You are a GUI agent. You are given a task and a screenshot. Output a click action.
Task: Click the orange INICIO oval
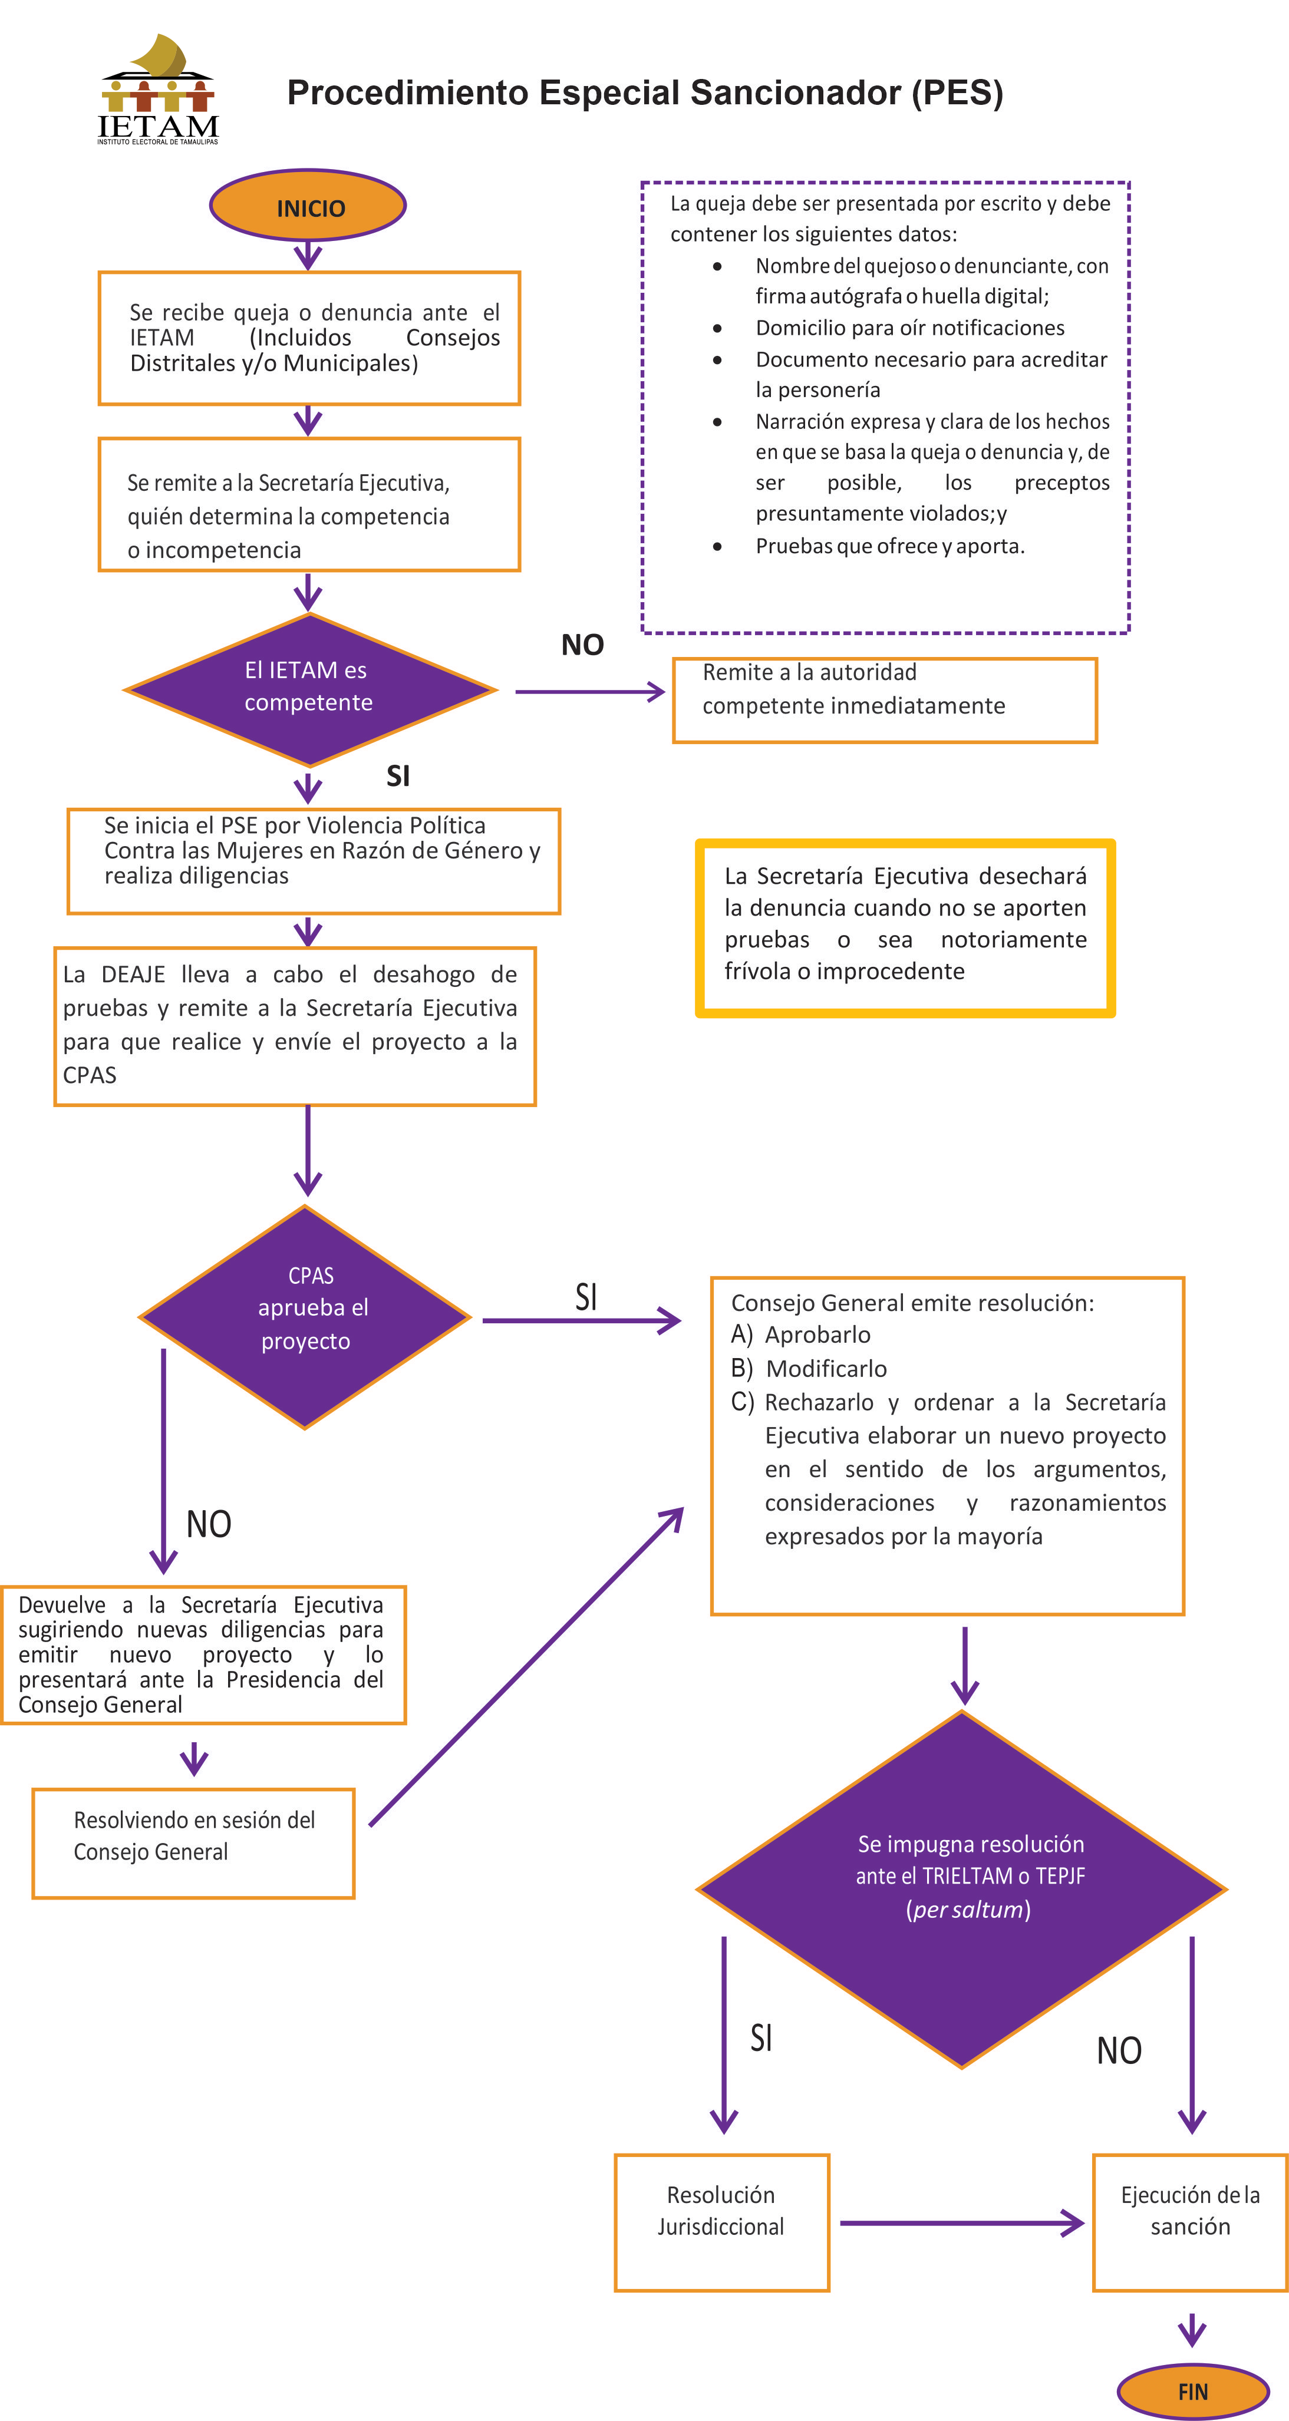pyautogui.click(x=308, y=206)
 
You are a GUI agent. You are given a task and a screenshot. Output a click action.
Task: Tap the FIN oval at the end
pyautogui.click(x=1192, y=2391)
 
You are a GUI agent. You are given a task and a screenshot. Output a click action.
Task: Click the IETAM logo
pyautogui.click(x=158, y=90)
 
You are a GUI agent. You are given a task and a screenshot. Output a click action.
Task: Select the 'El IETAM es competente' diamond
pyautogui.click(x=309, y=690)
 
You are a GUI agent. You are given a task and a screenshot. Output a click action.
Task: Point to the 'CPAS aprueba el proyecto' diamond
pyautogui.click(x=305, y=1317)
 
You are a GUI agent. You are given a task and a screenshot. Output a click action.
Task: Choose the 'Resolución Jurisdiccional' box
pyautogui.click(x=722, y=2222)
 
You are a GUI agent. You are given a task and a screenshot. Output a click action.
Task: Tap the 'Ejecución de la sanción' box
pyautogui.click(x=1191, y=2222)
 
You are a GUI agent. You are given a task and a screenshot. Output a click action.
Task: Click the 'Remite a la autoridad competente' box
pyautogui.click(x=885, y=700)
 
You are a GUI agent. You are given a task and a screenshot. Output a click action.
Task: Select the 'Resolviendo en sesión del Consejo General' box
pyautogui.click(x=194, y=1843)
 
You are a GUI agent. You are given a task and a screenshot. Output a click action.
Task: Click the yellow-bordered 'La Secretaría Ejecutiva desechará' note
pyautogui.click(x=905, y=927)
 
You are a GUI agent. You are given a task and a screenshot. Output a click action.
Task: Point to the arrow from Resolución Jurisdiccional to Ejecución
pyautogui.click(x=962, y=2222)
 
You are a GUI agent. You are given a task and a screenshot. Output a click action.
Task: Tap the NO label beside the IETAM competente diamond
pyautogui.click(x=583, y=645)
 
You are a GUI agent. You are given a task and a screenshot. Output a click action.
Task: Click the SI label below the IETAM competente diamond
pyautogui.click(x=398, y=775)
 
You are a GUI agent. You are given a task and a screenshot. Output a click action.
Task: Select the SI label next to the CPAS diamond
pyautogui.click(x=586, y=1297)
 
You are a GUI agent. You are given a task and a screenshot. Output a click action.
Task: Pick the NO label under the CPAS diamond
pyautogui.click(x=209, y=1524)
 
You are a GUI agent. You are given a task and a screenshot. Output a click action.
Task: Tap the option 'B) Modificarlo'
pyautogui.click(x=809, y=1368)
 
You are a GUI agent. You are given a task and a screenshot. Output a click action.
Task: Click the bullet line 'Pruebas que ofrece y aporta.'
pyautogui.click(x=889, y=546)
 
